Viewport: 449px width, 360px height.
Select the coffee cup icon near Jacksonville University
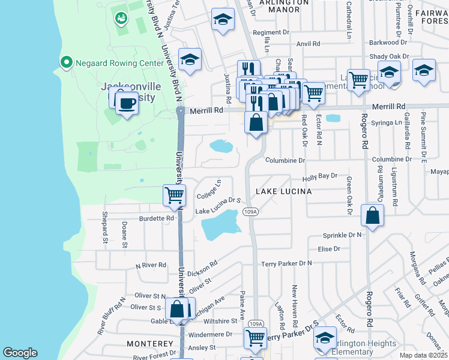point(126,103)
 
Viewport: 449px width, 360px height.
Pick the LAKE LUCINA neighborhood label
point(284,191)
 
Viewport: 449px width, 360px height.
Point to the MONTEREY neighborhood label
point(149,344)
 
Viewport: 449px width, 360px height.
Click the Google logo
point(20,352)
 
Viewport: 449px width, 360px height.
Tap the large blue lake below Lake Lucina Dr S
point(220,229)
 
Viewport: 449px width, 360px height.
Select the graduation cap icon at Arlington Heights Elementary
point(325,338)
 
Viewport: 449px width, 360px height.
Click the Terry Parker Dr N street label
point(286,263)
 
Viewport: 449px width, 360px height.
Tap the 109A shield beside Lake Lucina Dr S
point(251,212)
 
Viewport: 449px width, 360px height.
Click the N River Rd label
point(151,265)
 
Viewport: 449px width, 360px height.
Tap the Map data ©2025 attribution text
point(423,355)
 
